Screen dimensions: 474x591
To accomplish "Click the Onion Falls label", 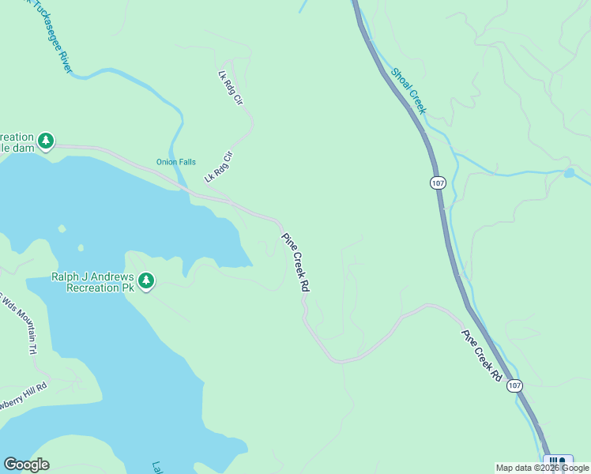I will (175, 162).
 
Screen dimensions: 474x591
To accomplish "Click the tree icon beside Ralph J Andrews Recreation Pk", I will (145, 280).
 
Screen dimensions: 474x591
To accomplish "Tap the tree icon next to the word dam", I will (47, 141).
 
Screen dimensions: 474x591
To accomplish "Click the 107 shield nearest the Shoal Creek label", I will (438, 182).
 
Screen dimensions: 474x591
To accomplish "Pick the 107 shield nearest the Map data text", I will (514, 386).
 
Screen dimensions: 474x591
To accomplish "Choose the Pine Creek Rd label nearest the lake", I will (294, 263).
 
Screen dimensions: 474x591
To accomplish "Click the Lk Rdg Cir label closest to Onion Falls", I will (220, 167).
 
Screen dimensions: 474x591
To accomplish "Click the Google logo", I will (26, 465).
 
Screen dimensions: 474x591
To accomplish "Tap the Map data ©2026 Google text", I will (542, 468).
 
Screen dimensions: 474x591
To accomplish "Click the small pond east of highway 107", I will (569, 173).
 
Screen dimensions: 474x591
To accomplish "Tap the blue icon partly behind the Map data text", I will (559, 461).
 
